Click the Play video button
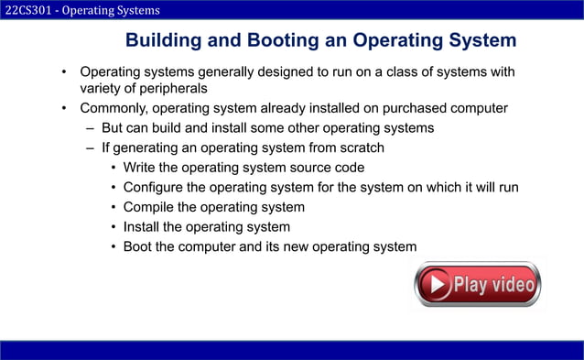(x=477, y=285)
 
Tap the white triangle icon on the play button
(x=439, y=285)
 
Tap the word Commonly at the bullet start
(x=114, y=108)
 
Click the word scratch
(x=360, y=147)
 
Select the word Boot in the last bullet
(x=139, y=246)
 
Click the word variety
(x=103, y=89)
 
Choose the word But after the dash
(x=114, y=128)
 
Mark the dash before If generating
(x=91, y=147)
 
